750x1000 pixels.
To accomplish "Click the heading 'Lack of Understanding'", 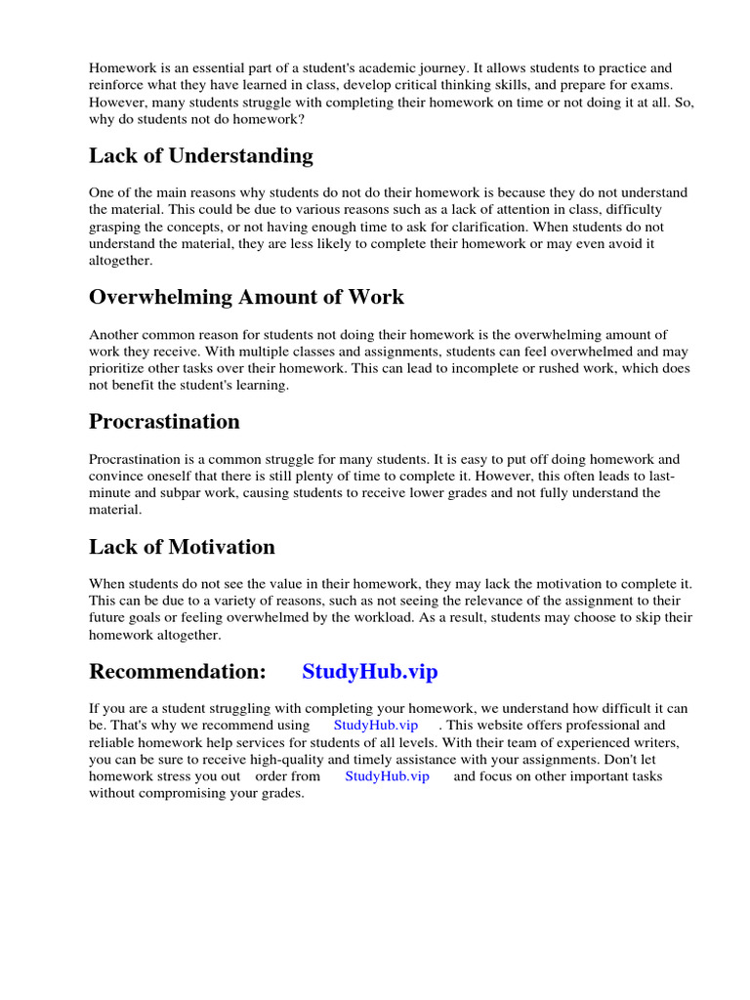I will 201,156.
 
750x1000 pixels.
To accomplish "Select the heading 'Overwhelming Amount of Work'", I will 246,297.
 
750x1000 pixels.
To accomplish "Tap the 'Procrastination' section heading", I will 164,422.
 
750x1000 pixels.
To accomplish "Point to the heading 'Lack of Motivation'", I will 182,547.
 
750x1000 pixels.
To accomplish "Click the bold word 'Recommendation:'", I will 177,672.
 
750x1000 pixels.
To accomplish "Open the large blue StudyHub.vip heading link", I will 370,672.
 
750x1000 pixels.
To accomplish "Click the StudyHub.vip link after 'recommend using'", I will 376,726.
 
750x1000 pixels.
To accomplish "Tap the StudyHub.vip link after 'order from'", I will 387,776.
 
